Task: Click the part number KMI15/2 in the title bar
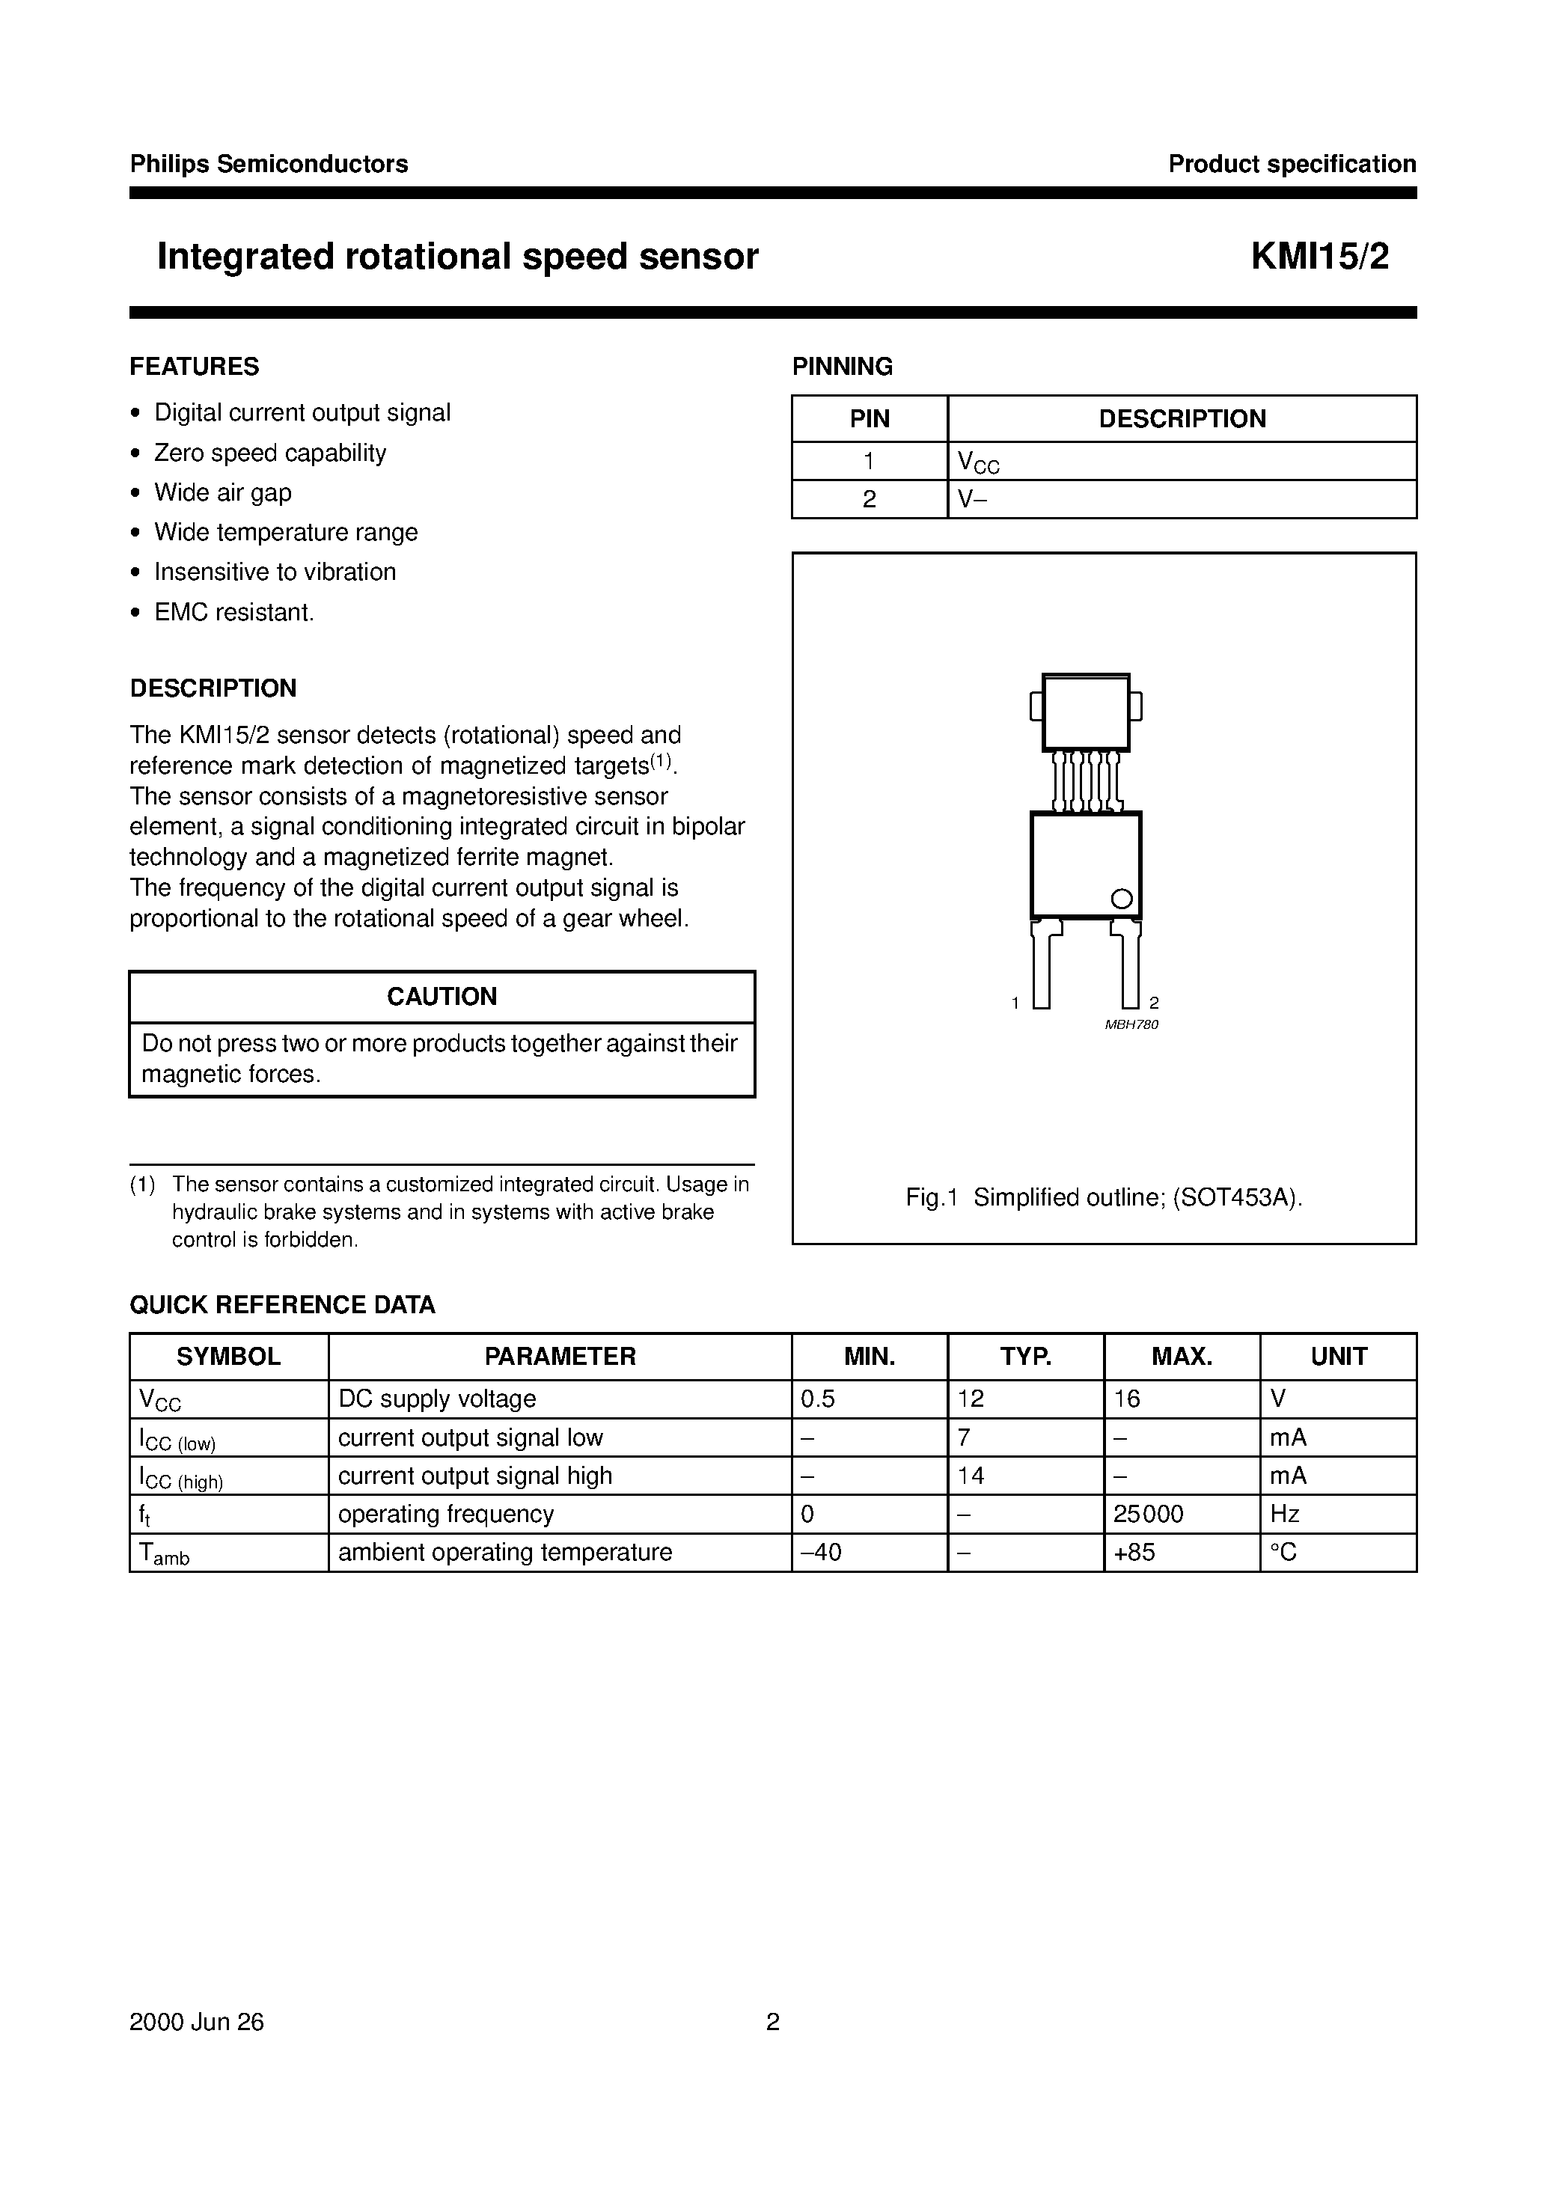pyautogui.click(x=1319, y=257)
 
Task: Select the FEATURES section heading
pyautogui.click(x=195, y=367)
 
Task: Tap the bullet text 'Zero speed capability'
pyautogui.click(x=269, y=453)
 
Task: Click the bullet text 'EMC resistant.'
pyautogui.click(x=233, y=612)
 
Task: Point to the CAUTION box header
pyautogui.click(x=442, y=997)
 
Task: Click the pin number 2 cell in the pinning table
pyautogui.click(x=870, y=499)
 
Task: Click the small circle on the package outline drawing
pyautogui.click(x=1122, y=899)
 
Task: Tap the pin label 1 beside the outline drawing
pyautogui.click(x=1015, y=1003)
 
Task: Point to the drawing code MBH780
pyautogui.click(x=1131, y=1024)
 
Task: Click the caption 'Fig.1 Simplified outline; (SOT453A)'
pyautogui.click(x=1104, y=1198)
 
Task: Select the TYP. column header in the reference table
pyautogui.click(x=1026, y=1356)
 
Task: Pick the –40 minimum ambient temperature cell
pyautogui.click(x=822, y=1553)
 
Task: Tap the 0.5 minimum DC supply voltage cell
pyautogui.click(x=818, y=1399)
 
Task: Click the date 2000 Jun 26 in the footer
pyautogui.click(x=196, y=2022)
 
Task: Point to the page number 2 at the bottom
pyautogui.click(x=773, y=2022)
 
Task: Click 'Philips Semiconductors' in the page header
pyautogui.click(x=269, y=164)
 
